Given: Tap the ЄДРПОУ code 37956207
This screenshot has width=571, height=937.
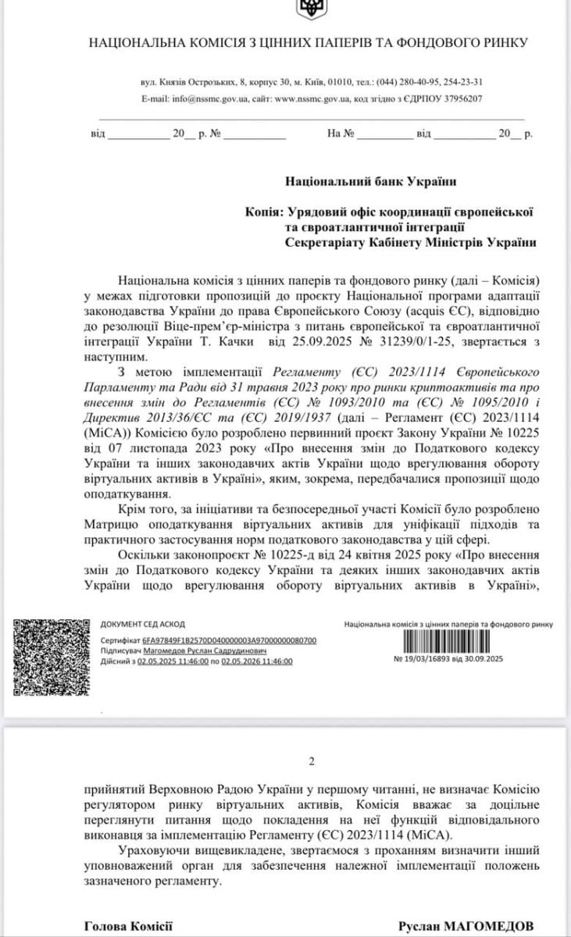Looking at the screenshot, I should [456, 99].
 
